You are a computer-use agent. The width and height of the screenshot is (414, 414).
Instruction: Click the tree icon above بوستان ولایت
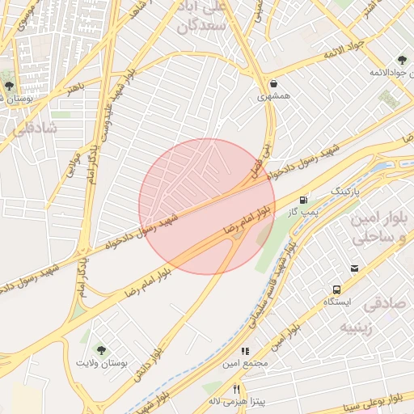[101, 350]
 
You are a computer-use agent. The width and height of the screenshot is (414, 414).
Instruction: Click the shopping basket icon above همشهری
[273, 82]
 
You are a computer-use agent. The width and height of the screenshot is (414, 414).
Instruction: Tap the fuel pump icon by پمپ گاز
[303, 199]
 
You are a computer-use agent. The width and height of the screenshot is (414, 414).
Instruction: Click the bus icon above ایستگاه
[336, 289]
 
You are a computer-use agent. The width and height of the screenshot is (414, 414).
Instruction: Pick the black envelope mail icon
[354, 268]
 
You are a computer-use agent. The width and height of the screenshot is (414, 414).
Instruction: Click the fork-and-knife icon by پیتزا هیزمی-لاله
[236, 389]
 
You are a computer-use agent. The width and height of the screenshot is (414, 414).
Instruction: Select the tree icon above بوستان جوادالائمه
[402, 60]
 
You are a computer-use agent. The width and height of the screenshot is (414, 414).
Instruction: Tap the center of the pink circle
[207, 206]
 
